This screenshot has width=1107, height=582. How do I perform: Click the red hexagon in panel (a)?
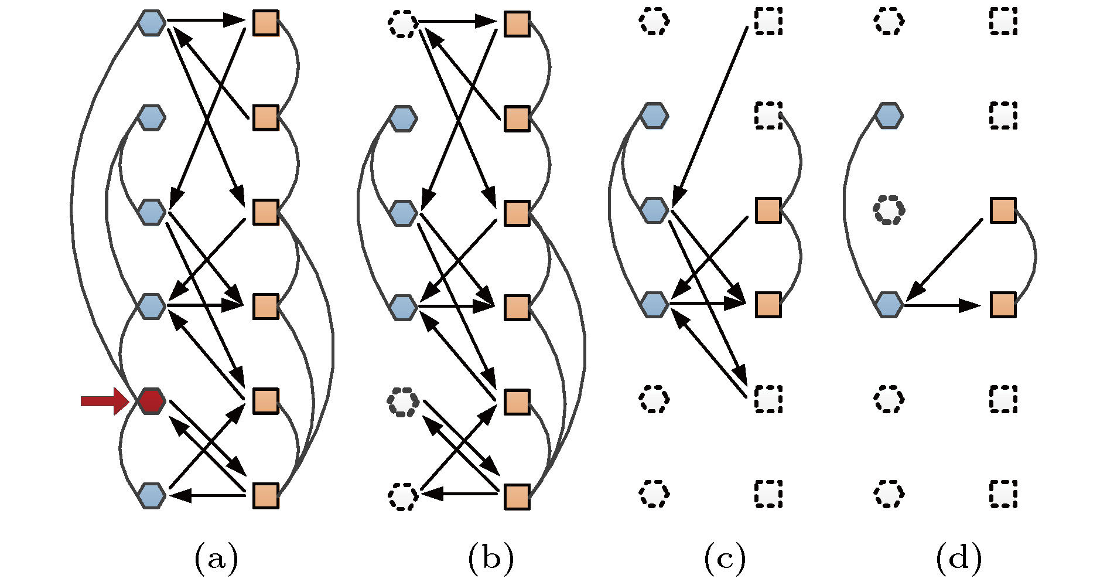(x=152, y=401)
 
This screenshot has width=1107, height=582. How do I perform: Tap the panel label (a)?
(x=216, y=557)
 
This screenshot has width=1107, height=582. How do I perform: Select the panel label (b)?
(x=491, y=557)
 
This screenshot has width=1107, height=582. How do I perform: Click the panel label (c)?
(x=725, y=557)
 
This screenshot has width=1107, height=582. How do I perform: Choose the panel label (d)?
(x=959, y=557)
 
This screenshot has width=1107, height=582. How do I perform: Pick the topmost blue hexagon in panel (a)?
(x=152, y=23)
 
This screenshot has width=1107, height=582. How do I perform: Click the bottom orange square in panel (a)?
(x=265, y=495)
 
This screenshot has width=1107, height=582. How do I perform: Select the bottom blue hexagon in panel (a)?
(x=152, y=495)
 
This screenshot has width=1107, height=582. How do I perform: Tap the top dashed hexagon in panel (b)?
(x=403, y=24)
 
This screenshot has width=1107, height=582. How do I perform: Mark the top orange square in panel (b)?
(x=517, y=24)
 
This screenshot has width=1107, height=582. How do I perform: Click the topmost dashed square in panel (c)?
(x=768, y=22)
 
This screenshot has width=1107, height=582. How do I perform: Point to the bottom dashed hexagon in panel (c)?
(x=654, y=493)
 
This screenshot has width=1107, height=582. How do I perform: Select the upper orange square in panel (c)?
(x=768, y=210)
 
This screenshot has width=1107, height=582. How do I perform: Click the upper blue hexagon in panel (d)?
(x=889, y=115)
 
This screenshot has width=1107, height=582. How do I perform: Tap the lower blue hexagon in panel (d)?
(x=889, y=305)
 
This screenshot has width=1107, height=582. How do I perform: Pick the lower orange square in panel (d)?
(x=1003, y=305)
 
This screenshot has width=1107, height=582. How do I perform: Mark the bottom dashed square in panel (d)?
(x=1003, y=493)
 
